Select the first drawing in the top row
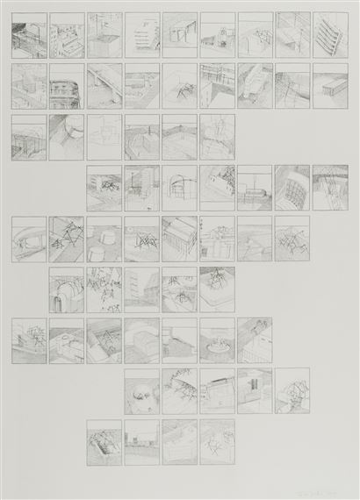pyautogui.click(x=28, y=35)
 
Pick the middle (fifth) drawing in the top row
pyautogui.click(x=179, y=35)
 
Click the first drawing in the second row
pyautogui.click(x=28, y=85)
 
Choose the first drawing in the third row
pyautogui.click(x=28, y=137)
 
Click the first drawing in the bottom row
pyautogui.click(x=104, y=442)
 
